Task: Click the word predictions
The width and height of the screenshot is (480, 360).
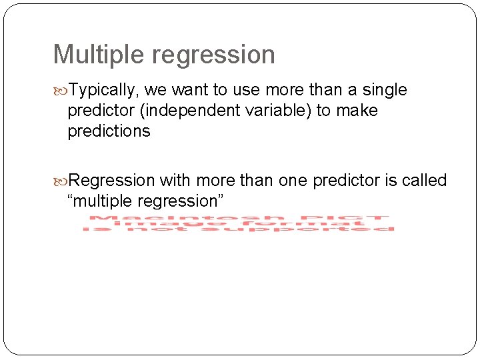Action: click(109, 131)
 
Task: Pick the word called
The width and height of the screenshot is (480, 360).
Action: click(424, 181)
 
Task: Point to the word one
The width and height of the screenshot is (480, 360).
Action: click(292, 181)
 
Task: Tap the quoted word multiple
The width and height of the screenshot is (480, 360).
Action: click(103, 201)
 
